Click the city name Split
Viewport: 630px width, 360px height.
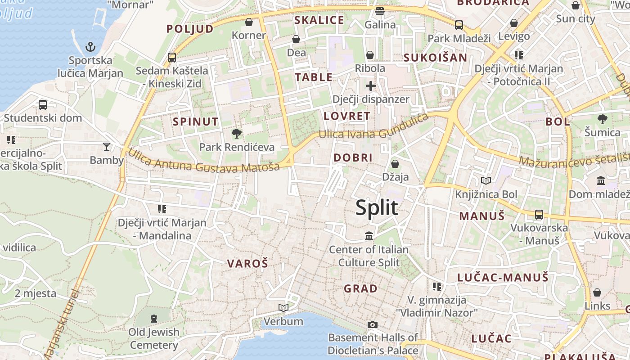pos(377,208)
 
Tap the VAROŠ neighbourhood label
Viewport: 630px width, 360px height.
pos(247,264)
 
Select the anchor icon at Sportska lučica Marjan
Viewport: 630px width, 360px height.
pos(91,47)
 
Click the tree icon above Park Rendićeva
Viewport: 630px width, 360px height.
pos(236,133)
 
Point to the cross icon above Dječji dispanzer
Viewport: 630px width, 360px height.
pos(370,85)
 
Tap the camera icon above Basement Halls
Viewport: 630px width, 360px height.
pos(372,324)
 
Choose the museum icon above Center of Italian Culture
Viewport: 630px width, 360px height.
pos(369,236)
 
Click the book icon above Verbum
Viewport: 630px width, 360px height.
pos(283,308)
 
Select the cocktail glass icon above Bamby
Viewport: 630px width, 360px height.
pos(107,146)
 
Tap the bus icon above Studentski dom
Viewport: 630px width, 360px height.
pos(43,104)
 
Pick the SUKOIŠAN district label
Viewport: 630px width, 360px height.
pos(435,58)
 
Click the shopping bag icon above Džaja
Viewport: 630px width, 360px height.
pos(395,164)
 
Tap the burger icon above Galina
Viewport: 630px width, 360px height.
pos(380,11)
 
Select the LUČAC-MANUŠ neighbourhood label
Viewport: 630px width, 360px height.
pos(503,277)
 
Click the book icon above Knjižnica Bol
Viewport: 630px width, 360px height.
pos(486,181)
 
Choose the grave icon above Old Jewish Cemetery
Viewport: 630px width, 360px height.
pos(154,319)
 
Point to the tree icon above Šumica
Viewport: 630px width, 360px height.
pos(603,119)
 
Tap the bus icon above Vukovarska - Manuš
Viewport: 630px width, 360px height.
pos(539,215)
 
